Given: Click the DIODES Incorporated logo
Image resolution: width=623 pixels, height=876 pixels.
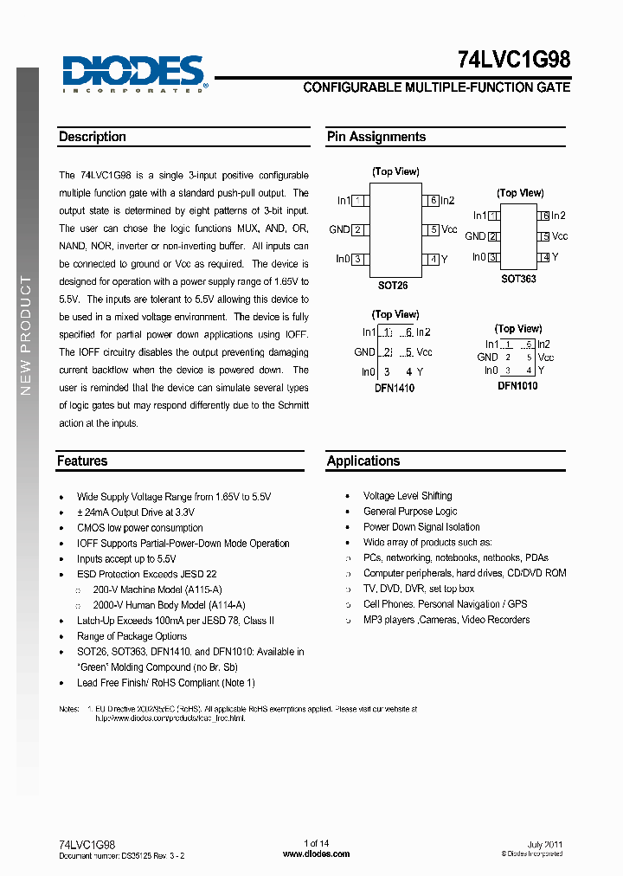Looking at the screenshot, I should point(134,74).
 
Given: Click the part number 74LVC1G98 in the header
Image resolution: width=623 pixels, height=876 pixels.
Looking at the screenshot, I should point(514,61).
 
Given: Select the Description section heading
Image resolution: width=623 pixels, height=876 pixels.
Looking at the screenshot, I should point(93,137).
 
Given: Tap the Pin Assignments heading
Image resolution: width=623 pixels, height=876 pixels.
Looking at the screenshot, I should point(376,137).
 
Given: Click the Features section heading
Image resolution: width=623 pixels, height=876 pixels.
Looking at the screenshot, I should point(82,461).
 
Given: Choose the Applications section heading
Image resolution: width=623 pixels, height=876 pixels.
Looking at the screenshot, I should point(363,461).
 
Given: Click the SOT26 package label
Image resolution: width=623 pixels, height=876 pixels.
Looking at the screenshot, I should point(393,285).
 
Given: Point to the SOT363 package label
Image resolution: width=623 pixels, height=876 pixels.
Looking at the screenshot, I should point(518,279).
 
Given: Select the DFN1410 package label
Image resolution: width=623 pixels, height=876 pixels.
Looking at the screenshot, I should point(394,389).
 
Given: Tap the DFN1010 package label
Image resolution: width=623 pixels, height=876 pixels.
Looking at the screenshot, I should point(517,386).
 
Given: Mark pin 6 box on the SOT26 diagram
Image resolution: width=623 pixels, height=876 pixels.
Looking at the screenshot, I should point(431,201).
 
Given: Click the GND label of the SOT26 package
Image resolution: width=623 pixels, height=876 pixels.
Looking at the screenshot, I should point(339,229).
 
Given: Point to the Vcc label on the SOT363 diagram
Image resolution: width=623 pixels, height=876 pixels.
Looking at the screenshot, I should point(560,236).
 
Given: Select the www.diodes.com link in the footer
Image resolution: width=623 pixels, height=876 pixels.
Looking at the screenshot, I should point(316,853).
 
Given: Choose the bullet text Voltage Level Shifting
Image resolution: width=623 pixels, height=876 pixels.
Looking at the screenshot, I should point(408,496).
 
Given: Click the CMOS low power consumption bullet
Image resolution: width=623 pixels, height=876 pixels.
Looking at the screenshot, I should point(139,527).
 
